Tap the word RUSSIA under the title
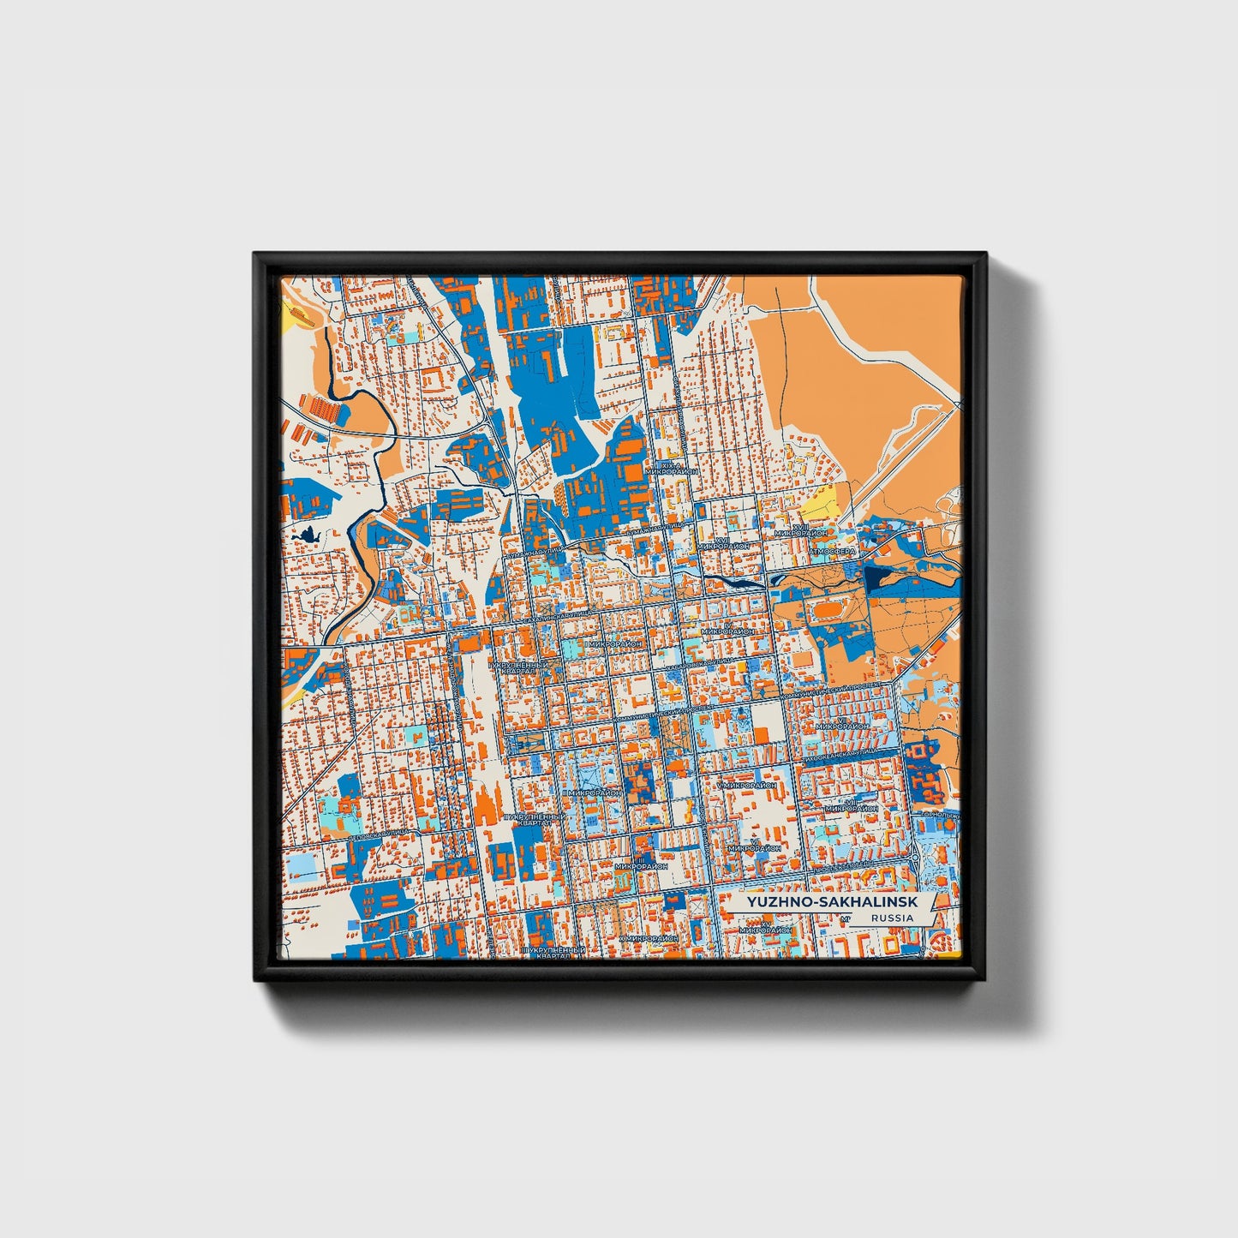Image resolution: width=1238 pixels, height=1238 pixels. coord(891,918)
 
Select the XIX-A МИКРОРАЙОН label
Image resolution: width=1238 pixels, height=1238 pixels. coord(673,468)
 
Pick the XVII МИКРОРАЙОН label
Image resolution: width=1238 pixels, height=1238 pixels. coord(724,543)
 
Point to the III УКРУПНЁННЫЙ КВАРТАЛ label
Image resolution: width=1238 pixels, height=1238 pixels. coord(554,952)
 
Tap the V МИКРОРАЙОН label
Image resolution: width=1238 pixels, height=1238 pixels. coord(747,784)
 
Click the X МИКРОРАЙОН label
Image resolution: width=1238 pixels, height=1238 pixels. coord(649,938)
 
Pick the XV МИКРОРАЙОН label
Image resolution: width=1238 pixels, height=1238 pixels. coord(842,725)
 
